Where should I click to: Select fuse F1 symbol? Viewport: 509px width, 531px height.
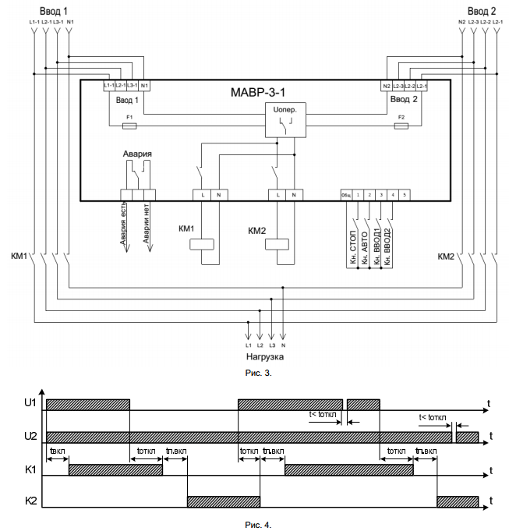point(130,124)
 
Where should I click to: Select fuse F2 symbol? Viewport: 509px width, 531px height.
point(401,124)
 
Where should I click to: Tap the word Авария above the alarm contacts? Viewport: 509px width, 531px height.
point(136,154)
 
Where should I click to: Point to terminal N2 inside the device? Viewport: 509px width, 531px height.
point(387,85)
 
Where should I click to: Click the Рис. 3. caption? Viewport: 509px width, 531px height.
point(256,373)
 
